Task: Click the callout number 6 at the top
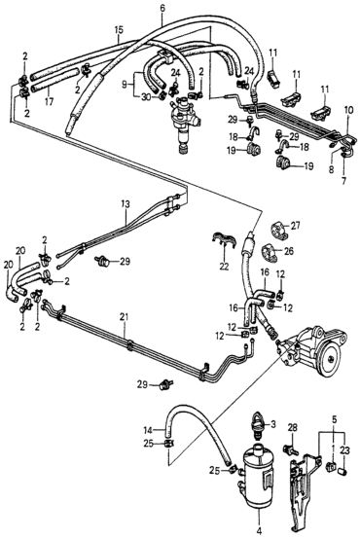point(162,8)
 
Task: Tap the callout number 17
point(49,102)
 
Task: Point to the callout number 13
point(126,204)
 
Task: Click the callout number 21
point(125,316)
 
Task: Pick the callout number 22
point(224,267)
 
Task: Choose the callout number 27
point(296,226)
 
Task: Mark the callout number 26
point(289,251)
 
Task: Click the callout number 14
point(148,429)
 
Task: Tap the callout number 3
point(273,424)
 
